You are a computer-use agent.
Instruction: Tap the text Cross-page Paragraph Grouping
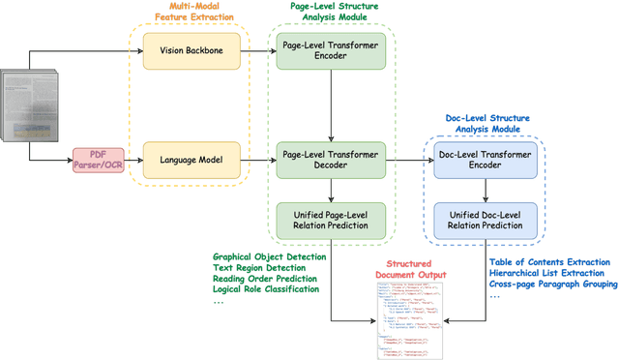click(550, 284)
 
